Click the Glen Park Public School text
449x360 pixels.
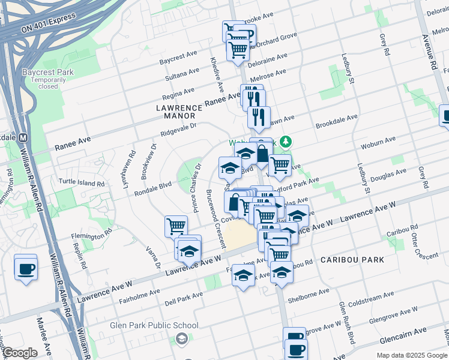point(154,325)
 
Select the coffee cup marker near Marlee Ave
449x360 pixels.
point(26,268)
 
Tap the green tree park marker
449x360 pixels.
point(287,142)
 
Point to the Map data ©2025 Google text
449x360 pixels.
point(411,355)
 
